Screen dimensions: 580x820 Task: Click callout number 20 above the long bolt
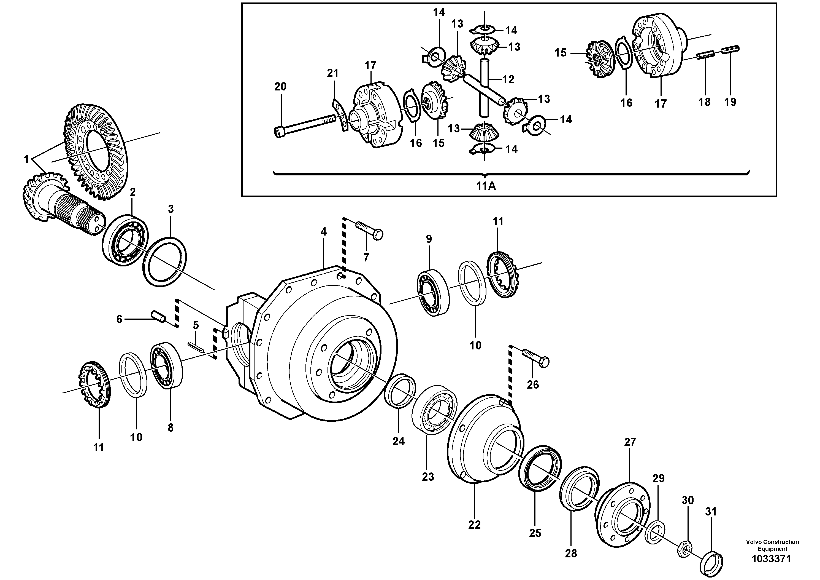pyautogui.click(x=280, y=87)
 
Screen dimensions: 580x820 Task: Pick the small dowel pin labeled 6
pyautogui.click(x=158, y=316)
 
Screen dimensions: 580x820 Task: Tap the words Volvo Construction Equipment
pyautogui.click(x=772, y=545)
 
